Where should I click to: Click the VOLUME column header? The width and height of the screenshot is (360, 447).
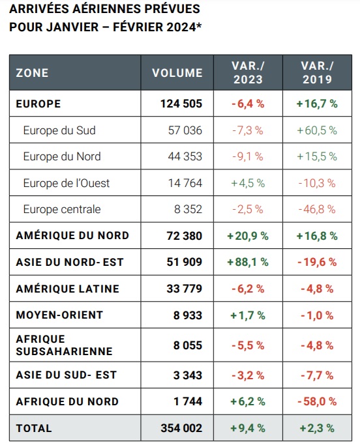click(177, 73)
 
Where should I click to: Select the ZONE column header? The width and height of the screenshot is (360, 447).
click(32, 73)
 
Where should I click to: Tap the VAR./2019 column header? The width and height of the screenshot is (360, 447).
click(317, 73)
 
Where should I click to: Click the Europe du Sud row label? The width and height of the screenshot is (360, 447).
click(59, 130)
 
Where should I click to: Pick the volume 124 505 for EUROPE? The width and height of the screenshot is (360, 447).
click(181, 104)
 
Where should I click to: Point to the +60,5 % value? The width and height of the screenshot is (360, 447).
click(317, 130)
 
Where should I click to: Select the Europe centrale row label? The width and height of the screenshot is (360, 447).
click(62, 209)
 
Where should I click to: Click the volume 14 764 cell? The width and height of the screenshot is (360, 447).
click(185, 183)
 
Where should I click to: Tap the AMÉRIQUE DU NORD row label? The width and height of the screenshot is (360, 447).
click(72, 235)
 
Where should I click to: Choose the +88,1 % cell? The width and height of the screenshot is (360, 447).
click(248, 262)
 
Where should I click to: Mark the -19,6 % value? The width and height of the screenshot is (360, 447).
click(317, 262)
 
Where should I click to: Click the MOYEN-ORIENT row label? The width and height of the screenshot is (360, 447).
click(59, 315)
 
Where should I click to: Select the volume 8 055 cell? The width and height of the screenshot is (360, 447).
click(188, 345)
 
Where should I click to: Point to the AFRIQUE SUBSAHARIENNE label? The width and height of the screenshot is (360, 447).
click(64, 345)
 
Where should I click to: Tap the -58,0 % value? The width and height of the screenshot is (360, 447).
click(317, 401)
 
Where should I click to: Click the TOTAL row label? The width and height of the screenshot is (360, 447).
click(34, 428)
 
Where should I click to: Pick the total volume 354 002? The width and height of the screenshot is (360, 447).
click(181, 428)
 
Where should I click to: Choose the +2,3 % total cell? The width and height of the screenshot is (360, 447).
click(317, 428)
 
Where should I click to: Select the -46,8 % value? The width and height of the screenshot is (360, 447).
click(317, 209)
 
